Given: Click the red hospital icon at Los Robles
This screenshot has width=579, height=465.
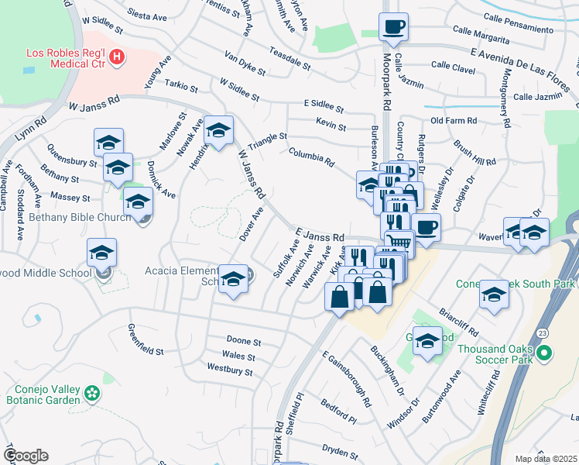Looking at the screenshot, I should pos(117,56).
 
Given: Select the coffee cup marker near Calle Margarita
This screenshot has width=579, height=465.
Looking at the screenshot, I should pos(393,28).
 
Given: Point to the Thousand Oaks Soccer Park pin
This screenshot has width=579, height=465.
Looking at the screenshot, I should pos(543,355).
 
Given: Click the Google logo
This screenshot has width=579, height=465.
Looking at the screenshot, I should pos(26,456).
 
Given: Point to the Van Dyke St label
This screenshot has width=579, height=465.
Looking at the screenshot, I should pos(245,64).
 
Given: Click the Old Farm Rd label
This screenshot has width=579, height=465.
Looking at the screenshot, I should pos(453,121).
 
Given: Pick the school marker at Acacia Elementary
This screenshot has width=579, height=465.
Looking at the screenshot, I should pos(233,280).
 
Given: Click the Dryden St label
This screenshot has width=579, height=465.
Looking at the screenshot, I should pos(340,451).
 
